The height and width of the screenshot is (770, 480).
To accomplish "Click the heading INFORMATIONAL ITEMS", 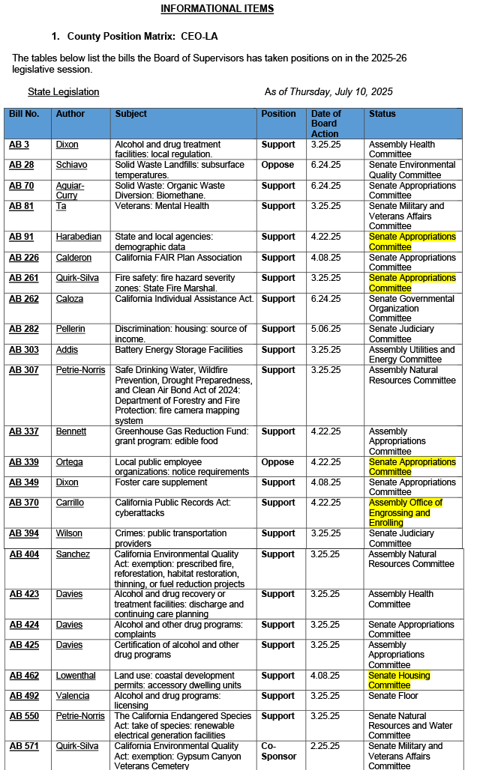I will (x=217, y=9).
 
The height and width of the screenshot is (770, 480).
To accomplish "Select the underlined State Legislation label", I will (x=63, y=91).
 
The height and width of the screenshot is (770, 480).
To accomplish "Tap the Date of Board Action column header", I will (x=325, y=124).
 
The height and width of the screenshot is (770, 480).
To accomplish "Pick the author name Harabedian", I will (x=78, y=237).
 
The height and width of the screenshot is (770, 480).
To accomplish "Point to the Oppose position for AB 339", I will (x=278, y=462).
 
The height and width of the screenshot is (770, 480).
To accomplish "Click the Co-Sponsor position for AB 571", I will (x=278, y=751).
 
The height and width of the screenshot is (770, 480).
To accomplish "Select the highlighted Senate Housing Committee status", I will (x=399, y=680).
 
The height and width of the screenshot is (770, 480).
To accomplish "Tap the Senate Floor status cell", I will (x=393, y=696).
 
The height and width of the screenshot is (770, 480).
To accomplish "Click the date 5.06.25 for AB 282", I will (x=325, y=329).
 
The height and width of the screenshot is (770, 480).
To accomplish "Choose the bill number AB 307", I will (x=23, y=370).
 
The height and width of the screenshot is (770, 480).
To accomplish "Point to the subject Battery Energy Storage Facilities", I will (x=178, y=350).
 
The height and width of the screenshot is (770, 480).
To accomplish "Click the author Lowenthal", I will (x=76, y=676).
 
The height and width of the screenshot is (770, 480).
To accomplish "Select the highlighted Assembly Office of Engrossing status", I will (x=405, y=512).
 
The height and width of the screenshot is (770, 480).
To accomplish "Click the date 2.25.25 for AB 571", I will (x=325, y=747).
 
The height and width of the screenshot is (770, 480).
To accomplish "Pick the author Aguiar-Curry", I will (x=70, y=190).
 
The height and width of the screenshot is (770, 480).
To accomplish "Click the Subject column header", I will (x=131, y=114).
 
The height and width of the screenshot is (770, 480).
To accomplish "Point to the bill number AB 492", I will (x=23, y=696).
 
